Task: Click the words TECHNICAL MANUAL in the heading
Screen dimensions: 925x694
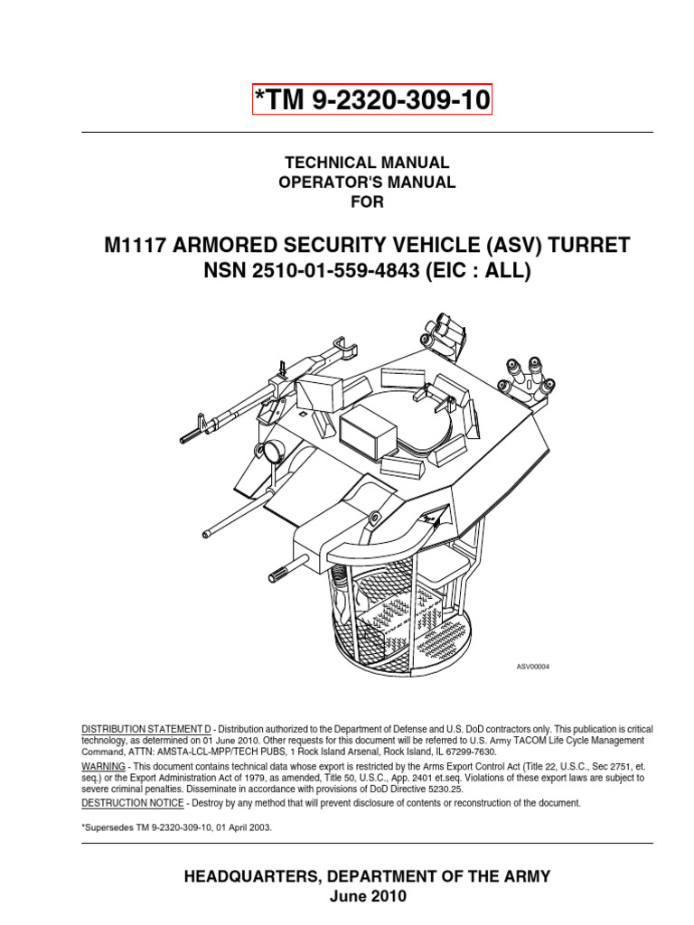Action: (x=367, y=163)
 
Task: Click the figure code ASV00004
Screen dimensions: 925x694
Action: (x=532, y=667)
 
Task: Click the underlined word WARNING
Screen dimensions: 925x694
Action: (x=103, y=766)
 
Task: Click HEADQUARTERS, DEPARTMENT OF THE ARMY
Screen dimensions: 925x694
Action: (x=367, y=876)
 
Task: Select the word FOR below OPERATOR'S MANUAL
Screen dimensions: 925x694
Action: (x=367, y=202)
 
